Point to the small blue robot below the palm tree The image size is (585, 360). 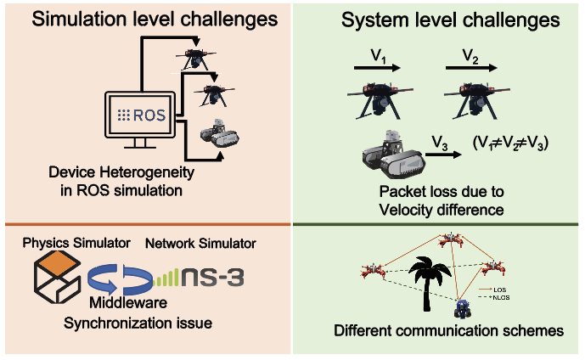pos(464,307)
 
